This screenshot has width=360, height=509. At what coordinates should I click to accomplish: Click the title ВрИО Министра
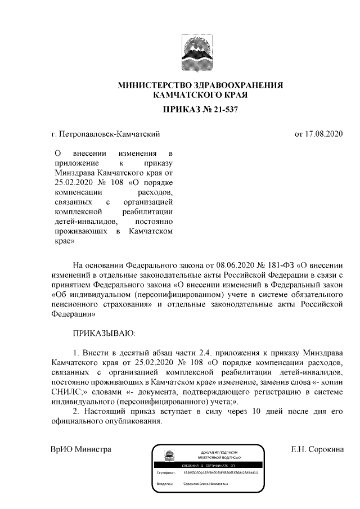80,449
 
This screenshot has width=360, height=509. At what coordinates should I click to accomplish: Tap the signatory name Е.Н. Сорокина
317,449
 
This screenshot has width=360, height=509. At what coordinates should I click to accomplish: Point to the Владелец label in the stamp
165,483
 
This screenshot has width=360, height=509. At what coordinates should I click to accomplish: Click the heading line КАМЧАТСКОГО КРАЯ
200,96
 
